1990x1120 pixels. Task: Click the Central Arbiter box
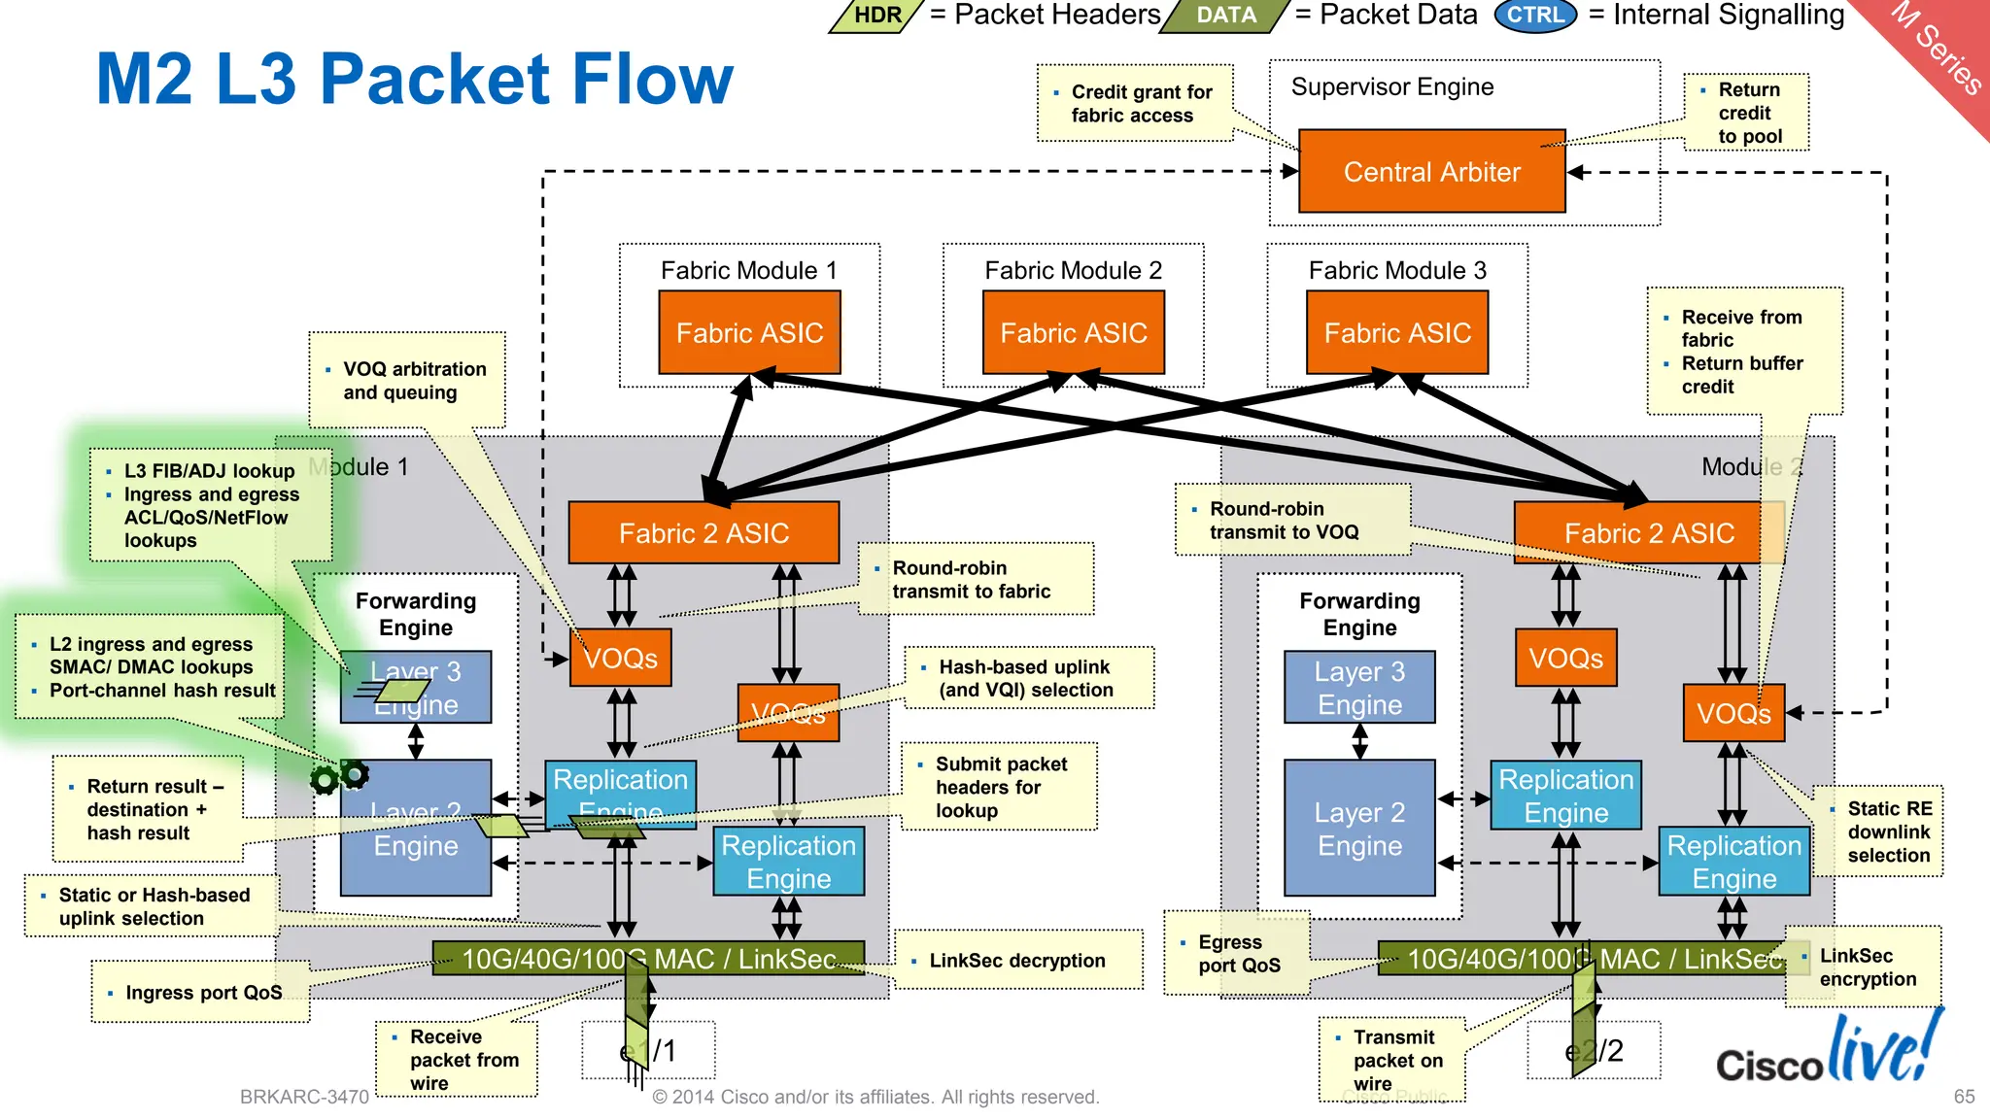click(1431, 172)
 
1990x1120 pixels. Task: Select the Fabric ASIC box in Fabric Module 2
click(1073, 333)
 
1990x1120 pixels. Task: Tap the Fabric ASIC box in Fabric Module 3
click(1396, 333)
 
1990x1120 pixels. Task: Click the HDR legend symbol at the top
click(876, 16)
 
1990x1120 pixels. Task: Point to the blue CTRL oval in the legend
click(1535, 16)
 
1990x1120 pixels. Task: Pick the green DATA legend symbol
click(1225, 16)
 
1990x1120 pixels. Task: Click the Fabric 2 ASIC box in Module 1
click(703, 533)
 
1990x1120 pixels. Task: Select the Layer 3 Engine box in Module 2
click(1358, 688)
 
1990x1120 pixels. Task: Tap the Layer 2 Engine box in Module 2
click(1358, 828)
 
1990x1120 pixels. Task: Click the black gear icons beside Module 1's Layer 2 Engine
click(339, 777)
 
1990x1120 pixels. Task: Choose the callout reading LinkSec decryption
click(1016, 961)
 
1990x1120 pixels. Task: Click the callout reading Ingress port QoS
click(202, 993)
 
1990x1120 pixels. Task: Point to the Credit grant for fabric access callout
click(1134, 104)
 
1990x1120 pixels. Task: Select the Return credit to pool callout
click(1747, 113)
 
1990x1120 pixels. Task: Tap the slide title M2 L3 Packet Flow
click(415, 80)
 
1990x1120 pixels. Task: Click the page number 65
click(1964, 1097)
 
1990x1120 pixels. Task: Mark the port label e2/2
click(1594, 1051)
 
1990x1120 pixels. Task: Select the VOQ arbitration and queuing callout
click(407, 381)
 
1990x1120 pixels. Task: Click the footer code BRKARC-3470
click(304, 1097)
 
